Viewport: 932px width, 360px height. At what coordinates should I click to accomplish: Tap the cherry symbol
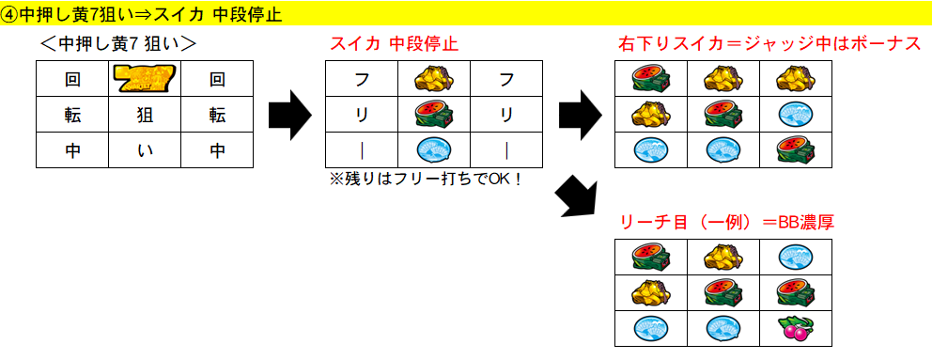796,328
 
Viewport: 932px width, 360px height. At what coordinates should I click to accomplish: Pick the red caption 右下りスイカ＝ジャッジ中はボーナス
769,44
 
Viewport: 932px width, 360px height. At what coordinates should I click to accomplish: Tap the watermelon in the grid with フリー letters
433,115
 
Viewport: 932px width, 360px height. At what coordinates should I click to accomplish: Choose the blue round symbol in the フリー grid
433,149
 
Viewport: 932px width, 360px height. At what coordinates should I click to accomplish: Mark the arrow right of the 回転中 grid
289,115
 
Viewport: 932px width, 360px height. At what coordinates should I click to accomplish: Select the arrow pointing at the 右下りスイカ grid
580,115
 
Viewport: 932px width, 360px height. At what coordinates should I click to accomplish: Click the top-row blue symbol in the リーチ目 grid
796,257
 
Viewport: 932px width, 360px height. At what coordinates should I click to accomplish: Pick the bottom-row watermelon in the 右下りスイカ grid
796,149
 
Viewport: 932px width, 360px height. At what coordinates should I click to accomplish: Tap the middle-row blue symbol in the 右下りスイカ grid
796,115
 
